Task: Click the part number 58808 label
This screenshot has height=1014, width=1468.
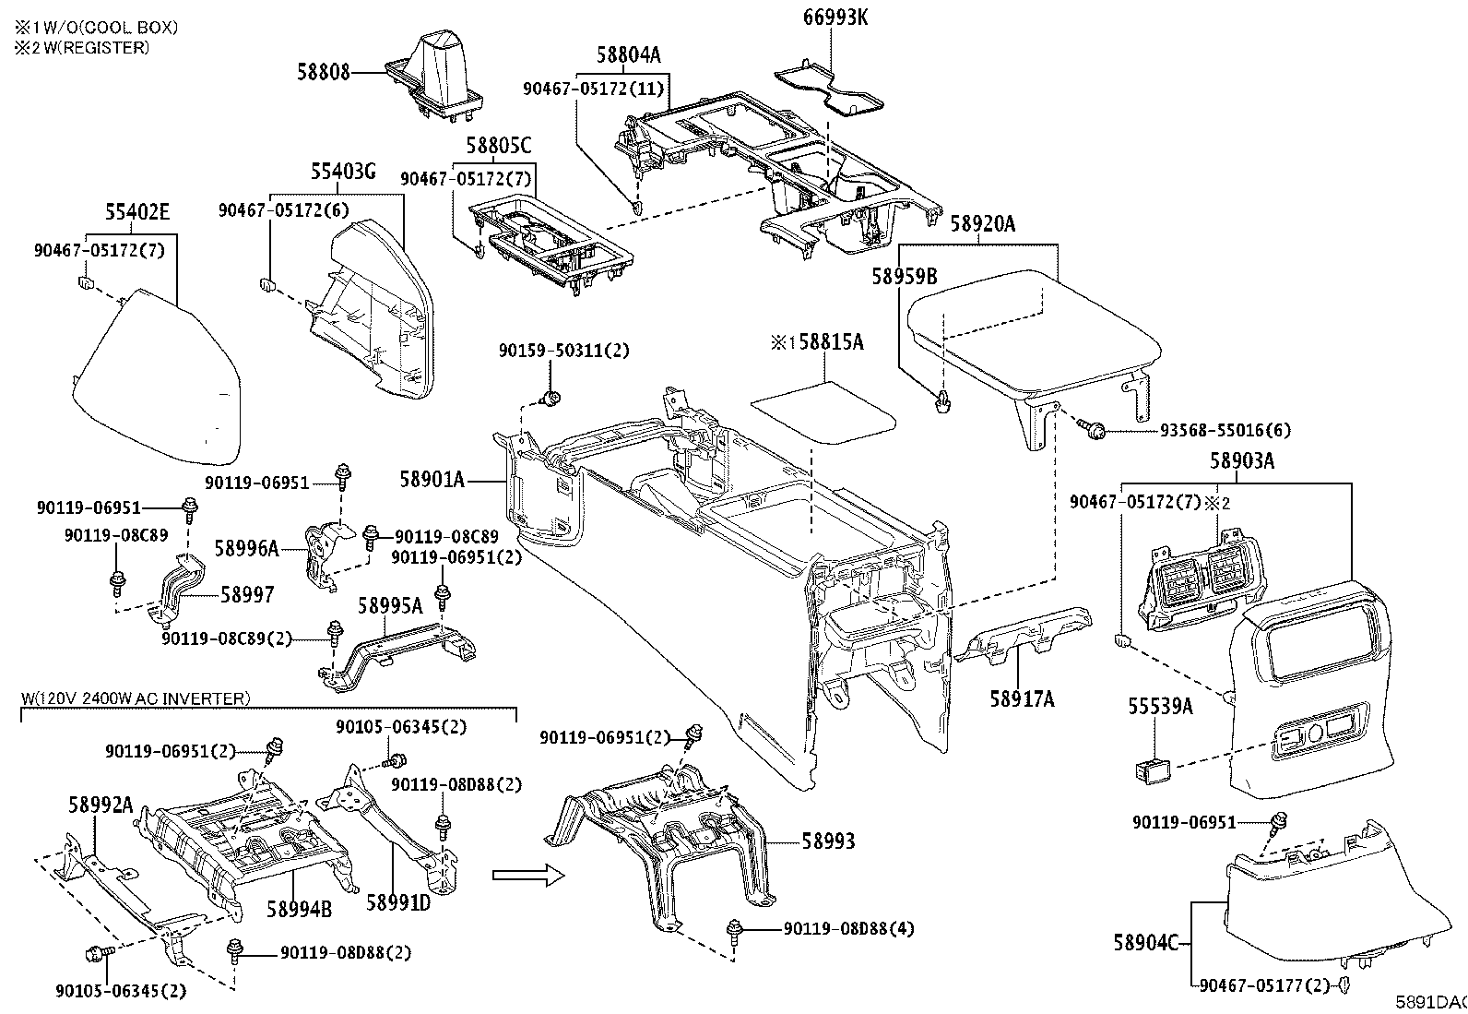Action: [324, 72]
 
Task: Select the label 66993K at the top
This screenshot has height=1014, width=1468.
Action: [835, 18]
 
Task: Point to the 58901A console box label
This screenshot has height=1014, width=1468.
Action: [432, 479]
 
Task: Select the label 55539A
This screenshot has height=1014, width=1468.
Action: [1160, 707]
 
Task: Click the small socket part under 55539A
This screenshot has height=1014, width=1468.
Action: [1152, 768]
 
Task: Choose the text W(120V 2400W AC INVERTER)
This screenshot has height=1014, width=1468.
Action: [135, 698]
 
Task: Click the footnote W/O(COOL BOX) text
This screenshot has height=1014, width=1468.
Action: [97, 28]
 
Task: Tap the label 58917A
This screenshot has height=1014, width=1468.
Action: [1022, 699]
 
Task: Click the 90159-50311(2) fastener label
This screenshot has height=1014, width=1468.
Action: [563, 351]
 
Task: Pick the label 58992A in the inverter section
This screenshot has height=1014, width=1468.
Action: [101, 804]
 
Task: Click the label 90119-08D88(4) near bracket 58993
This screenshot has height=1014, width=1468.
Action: [848, 929]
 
